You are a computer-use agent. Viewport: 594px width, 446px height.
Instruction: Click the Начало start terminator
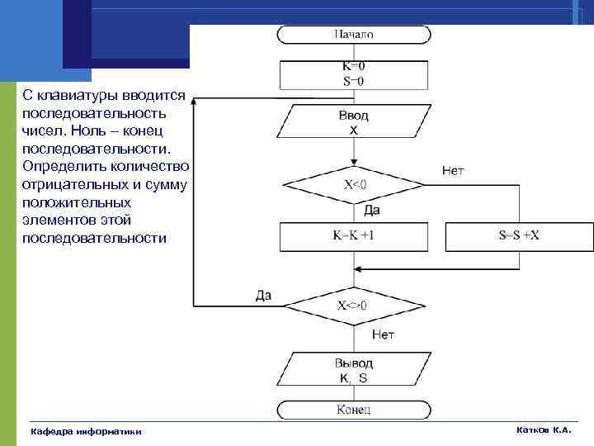(354, 35)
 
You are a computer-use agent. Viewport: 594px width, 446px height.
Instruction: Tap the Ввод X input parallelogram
(354, 122)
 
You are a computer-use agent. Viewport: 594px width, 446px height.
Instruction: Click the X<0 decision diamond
(354, 184)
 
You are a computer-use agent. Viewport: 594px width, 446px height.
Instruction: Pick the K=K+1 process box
(354, 235)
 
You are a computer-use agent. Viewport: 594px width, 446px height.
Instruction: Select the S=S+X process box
(519, 235)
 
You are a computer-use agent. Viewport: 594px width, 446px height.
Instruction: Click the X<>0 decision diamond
(353, 304)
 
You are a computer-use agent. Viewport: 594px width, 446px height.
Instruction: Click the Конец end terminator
(354, 410)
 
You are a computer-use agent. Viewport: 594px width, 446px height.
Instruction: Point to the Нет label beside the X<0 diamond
(453, 171)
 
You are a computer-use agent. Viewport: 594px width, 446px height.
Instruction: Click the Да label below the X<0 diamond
(372, 211)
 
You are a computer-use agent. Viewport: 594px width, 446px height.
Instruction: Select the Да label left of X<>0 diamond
(263, 295)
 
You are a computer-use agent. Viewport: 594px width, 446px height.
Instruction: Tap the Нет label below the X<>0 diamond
(383, 334)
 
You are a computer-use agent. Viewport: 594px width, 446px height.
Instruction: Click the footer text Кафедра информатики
(86, 431)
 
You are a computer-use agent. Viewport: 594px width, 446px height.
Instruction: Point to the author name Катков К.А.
(543, 430)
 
